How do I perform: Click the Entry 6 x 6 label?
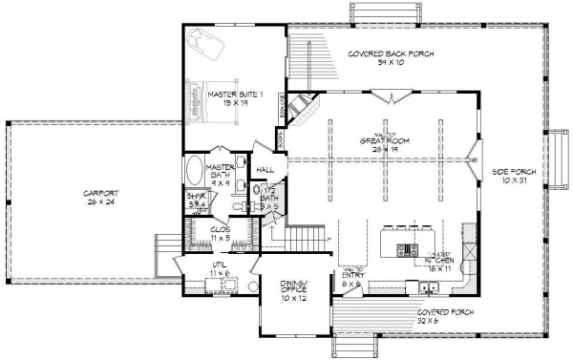(x=352, y=279)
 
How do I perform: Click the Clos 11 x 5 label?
(x=221, y=233)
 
